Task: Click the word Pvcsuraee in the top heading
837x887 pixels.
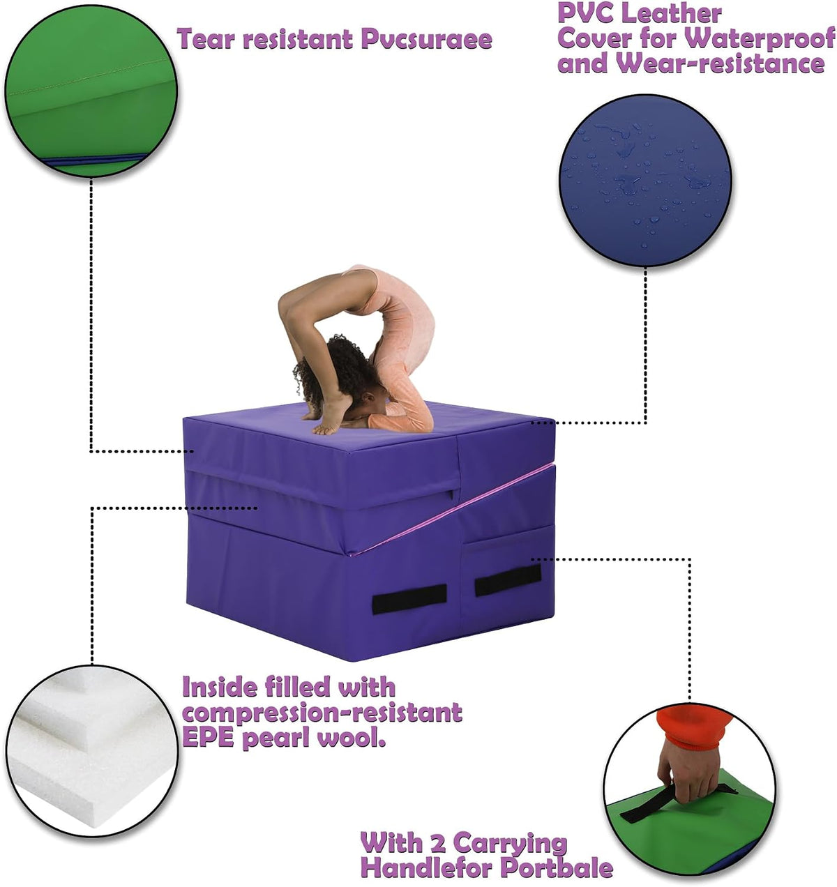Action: [426, 40]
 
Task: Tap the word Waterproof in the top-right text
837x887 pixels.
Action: [760, 38]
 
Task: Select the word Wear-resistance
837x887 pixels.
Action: [721, 63]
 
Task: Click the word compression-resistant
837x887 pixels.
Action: [322, 713]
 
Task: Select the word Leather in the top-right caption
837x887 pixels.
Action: [672, 13]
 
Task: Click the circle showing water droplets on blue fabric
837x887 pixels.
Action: [645, 181]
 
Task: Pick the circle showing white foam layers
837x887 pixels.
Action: [92, 752]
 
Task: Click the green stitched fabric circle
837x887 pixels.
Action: [91, 91]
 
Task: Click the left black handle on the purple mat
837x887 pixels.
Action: [409, 598]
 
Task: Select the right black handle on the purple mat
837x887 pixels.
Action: [508, 579]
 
